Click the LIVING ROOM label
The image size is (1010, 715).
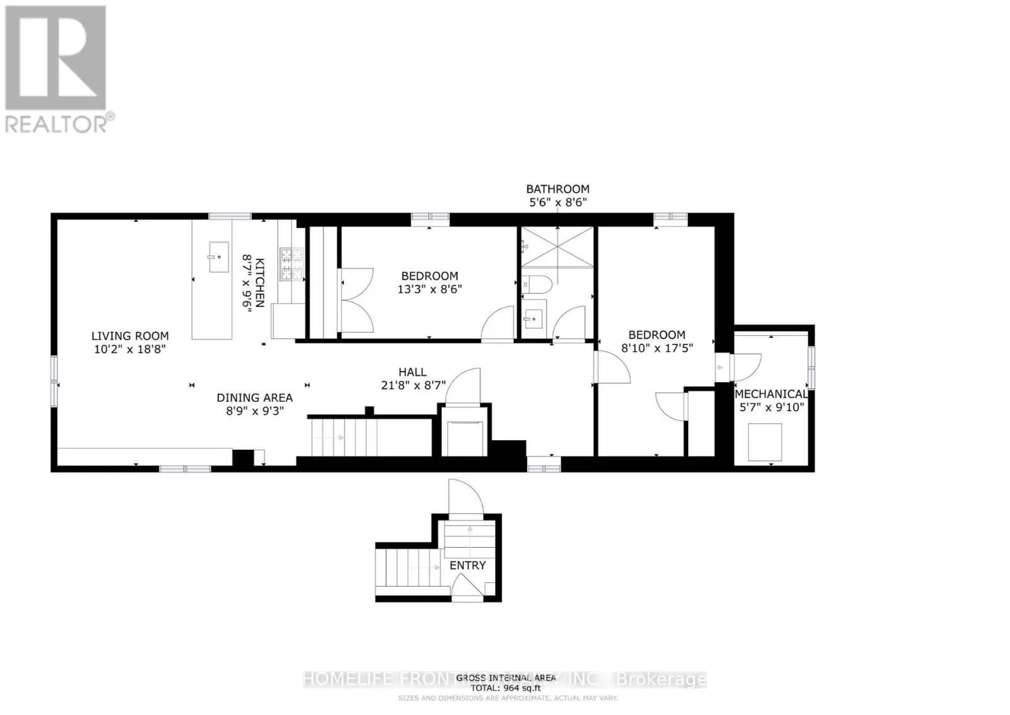coord(130,336)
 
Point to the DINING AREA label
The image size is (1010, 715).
coord(254,397)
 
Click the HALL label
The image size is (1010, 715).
coord(412,372)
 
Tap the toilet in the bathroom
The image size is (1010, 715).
coord(538,284)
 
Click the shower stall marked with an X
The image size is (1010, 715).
coord(557,247)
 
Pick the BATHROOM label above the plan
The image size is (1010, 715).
coord(558,189)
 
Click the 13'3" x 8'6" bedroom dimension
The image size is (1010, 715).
coord(430,289)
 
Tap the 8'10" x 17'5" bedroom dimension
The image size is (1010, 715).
coord(656,347)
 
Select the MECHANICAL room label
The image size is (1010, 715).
coord(771,394)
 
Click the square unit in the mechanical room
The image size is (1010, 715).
coord(765,442)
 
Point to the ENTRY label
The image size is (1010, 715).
coord(468,565)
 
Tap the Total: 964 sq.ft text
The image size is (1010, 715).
coord(506,688)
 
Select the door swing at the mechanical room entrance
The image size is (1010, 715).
coord(747,367)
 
